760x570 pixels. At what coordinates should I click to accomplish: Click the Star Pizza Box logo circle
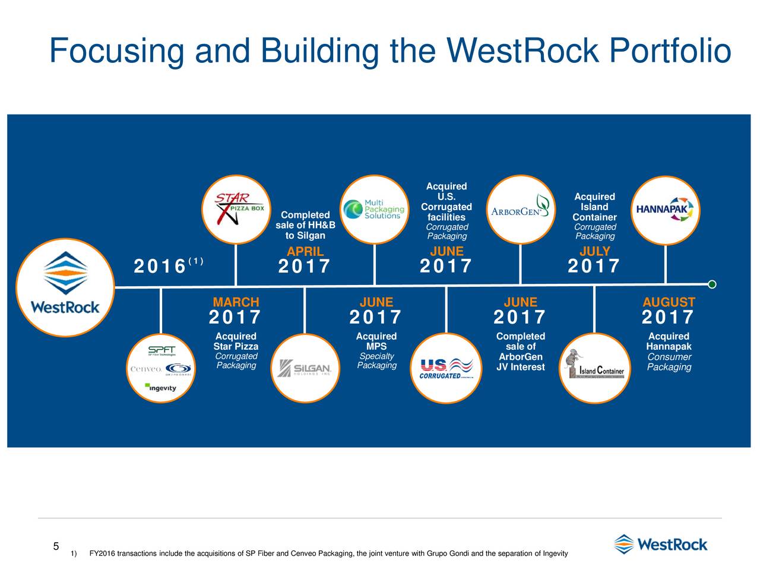click(236, 210)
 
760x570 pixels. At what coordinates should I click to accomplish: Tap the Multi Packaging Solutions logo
click(375, 210)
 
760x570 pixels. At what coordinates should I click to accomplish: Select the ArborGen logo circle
click(520, 210)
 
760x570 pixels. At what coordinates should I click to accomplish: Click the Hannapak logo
click(666, 210)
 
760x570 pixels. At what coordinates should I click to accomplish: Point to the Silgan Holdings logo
click(305, 368)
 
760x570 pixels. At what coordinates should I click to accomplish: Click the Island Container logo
click(594, 368)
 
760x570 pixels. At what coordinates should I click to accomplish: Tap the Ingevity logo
click(161, 388)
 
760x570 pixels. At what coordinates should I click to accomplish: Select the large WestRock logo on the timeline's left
click(65, 287)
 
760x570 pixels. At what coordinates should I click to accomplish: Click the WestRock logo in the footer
click(660, 544)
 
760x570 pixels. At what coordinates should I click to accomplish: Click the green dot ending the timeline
click(712, 284)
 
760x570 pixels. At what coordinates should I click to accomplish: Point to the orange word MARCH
click(236, 302)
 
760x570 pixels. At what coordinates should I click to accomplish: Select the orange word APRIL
click(305, 252)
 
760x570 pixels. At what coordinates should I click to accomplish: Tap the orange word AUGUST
click(669, 302)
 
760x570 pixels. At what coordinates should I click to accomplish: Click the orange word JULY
click(594, 252)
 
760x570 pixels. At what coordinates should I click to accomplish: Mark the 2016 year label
click(160, 267)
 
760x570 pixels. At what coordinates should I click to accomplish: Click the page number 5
click(56, 546)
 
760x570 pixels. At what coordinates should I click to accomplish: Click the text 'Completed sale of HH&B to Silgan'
click(305, 225)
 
